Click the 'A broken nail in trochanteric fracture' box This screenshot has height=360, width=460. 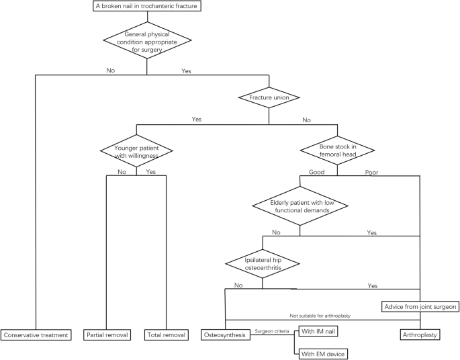146,7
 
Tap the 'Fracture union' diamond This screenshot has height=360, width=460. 269,97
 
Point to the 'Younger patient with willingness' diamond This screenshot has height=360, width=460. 136,149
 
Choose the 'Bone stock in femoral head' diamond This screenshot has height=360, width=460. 337,149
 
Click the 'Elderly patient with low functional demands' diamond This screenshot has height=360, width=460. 300,206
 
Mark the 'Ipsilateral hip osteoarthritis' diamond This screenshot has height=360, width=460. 262,262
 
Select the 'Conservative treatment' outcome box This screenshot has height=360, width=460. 36,334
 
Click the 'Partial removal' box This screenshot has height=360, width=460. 107,334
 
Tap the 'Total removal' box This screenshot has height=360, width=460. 165,334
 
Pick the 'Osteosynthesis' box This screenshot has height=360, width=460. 225,334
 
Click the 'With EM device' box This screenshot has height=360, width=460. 324,353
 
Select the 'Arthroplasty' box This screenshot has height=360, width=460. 420,334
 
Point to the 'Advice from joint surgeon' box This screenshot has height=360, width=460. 420,306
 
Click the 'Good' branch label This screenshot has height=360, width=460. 316,172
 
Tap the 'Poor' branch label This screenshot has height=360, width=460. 371,172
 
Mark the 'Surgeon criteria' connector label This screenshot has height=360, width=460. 272,330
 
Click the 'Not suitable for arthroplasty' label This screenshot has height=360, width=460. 320,316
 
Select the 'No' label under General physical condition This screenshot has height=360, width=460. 110,69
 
